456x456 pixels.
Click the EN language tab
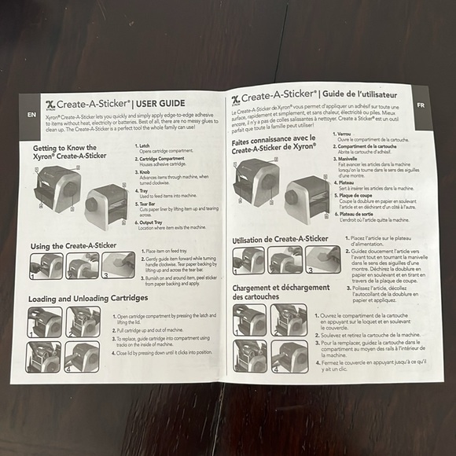click(31, 114)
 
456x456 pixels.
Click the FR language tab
click(421, 104)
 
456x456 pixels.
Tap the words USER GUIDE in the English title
click(160, 103)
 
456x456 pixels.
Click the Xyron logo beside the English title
click(51, 105)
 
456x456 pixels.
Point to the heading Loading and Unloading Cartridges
click(88, 299)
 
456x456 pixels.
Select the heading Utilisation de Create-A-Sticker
click(280, 238)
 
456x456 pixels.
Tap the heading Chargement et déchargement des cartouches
click(280, 292)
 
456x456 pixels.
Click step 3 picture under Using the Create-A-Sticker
click(118, 265)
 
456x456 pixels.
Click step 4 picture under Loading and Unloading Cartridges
click(82, 356)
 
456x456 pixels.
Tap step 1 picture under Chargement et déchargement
click(251, 319)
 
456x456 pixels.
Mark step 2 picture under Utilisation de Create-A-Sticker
click(285, 259)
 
